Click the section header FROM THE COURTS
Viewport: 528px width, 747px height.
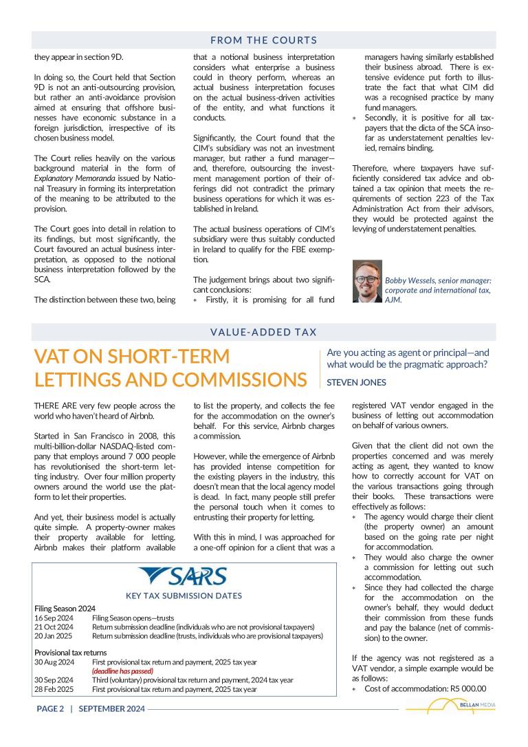click(263, 40)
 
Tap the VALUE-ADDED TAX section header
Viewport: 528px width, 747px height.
click(263, 332)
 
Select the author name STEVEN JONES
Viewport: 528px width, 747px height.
click(356, 382)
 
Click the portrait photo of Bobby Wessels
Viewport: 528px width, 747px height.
click(366, 281)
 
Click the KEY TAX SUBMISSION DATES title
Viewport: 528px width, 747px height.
click(184, 596)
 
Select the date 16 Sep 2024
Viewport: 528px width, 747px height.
click(54, 618)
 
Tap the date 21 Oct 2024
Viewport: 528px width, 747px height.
click(54, 627)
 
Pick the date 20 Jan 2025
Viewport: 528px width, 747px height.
click(54, 636)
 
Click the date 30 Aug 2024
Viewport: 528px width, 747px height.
click(54, 662)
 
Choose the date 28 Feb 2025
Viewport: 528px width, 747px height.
click(54, 688)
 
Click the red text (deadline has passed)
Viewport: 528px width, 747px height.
click(122, 671)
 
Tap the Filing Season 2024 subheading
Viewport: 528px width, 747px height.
click(65, 609)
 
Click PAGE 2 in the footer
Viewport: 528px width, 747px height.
click(50, 708)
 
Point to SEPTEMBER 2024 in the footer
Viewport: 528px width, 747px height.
click(111, 708)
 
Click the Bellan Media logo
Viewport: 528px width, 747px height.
click(450, 706)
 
